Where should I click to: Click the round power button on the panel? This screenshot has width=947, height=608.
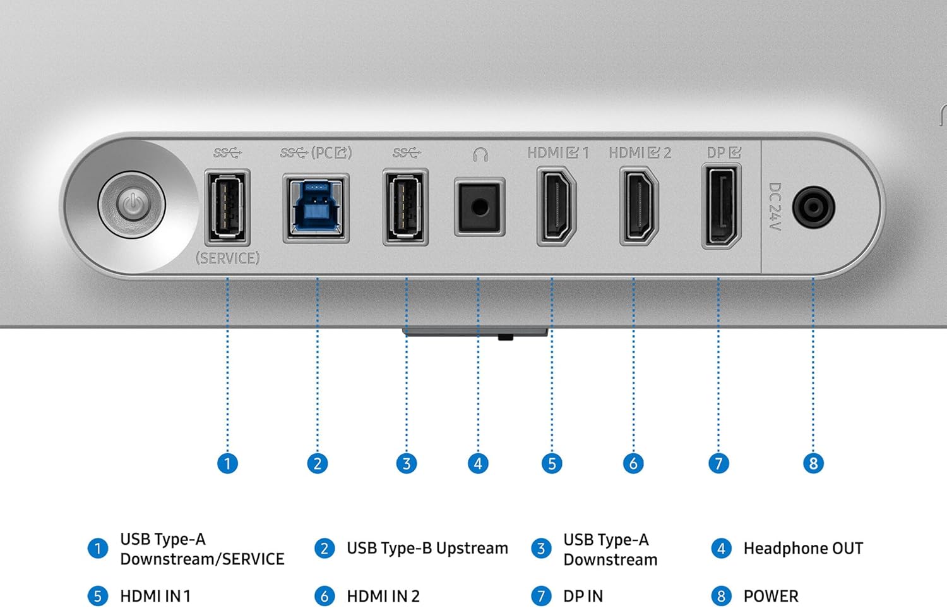(x=132, y=205)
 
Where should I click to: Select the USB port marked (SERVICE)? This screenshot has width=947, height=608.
(x=227, y=207)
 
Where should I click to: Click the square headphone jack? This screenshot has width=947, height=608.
(x=479, y=207)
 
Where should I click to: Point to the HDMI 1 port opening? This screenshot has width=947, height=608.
(x=556, y=207)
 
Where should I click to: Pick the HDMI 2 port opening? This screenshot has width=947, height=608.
(x=639, y=207)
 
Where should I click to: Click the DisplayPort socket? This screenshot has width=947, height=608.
(x=721, y=207)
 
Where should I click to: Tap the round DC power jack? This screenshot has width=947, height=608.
(x=813, y=207)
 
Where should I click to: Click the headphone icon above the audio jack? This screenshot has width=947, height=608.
(x=480, y=155)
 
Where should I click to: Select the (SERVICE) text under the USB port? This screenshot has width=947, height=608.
(x=227, y=258)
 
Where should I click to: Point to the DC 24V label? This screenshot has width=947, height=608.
(x=775, y=207)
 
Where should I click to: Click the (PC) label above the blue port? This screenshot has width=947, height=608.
(x=331, y=153)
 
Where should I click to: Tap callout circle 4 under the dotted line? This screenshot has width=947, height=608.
(x=478, y=464)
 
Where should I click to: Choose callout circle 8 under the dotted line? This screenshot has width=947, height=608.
(x=813, y=464)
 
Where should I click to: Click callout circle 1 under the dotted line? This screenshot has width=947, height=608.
(x=227, y=464)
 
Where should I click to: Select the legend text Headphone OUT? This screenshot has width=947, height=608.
(x=803, y=549)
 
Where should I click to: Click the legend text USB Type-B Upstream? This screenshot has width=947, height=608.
(x=427, y=549)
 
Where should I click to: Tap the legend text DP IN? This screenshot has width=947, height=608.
(x=583, y=596)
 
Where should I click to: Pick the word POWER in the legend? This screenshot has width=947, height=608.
(x=771, y=596)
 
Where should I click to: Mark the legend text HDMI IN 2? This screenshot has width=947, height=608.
(x=383, y=596)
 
